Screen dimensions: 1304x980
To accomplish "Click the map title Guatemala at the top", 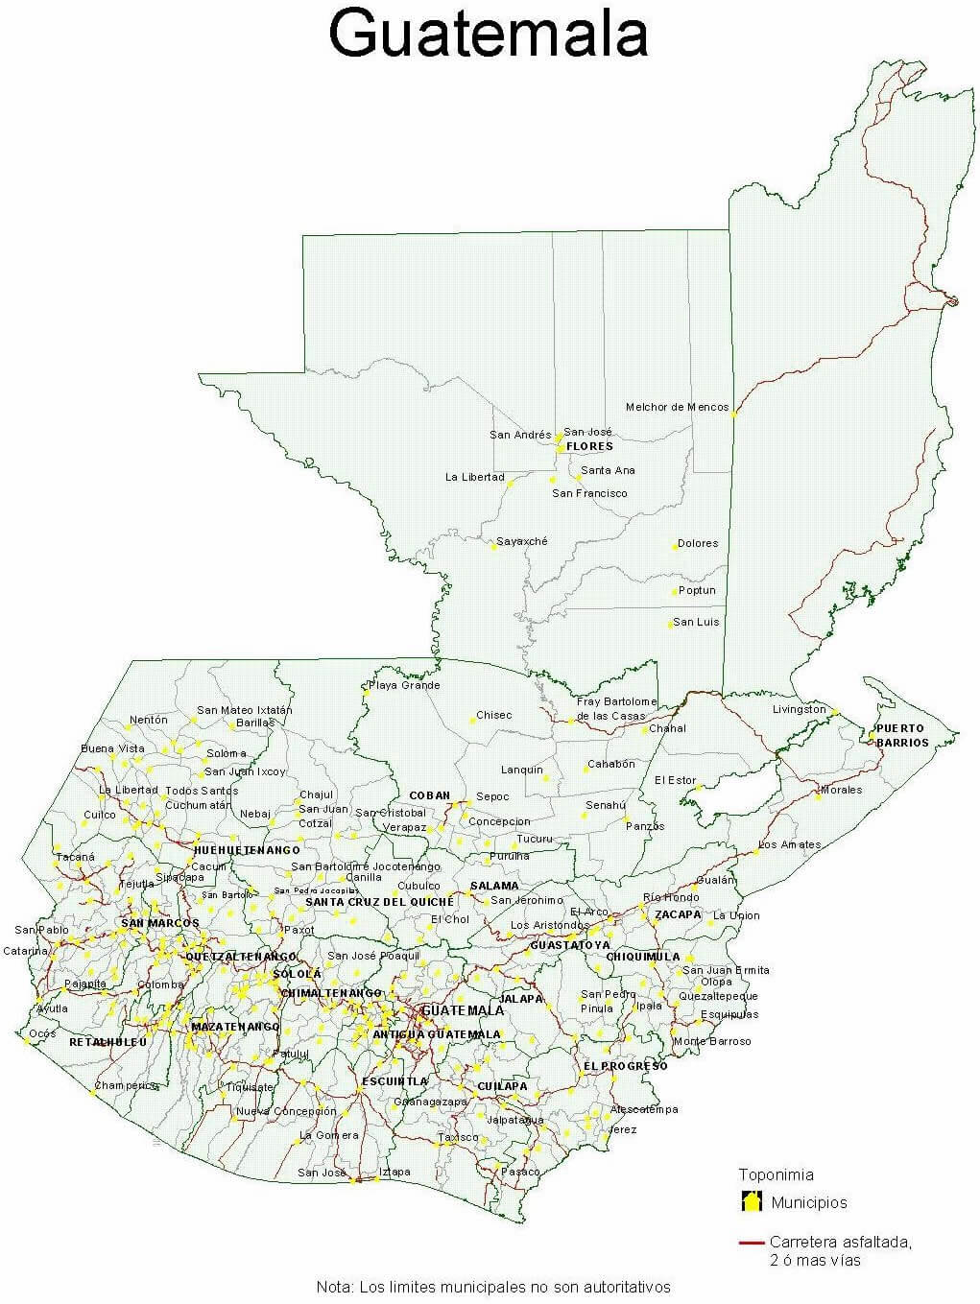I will [x=489, y=34].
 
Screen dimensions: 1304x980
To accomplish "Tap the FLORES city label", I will [x=589, y=446].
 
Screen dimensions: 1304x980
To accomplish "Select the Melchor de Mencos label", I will [x=677, y=407].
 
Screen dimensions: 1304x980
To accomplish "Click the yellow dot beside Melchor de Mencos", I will [x=734, y=415].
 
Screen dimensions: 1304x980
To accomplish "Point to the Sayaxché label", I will [x=522, y=541].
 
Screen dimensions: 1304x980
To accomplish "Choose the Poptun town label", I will [x=697, y=590].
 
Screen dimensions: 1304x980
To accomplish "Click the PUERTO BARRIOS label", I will [x=901, y=735].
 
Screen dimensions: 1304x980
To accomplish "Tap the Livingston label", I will [x=799, y=709].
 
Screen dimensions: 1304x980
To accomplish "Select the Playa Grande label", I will [x=405, y=685].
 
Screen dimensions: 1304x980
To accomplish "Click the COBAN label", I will [x=429, y=795].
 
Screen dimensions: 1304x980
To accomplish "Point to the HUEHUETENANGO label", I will [x=247, y=849].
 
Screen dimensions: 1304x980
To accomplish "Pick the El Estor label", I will [x=675, y=780].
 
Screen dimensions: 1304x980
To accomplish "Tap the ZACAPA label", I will [x=678, y=914].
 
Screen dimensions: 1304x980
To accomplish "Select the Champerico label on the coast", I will [x=126, y=1085].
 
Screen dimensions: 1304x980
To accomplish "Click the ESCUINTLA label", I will [x=394, y=1081].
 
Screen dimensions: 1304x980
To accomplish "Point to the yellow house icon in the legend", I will [x=751, y=1201].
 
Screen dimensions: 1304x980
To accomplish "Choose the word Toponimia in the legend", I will [x=776, y=1174].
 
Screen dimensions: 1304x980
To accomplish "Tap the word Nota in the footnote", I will [x=333, y=1287].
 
